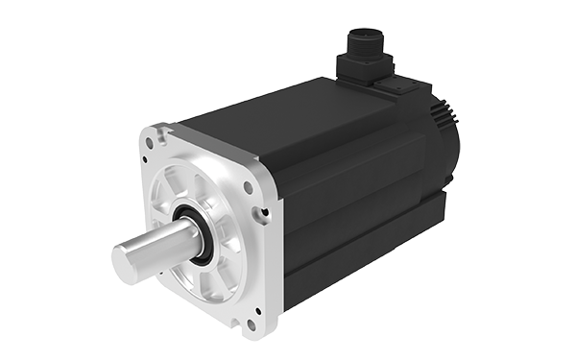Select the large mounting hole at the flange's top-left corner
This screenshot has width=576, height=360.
(x=151, y=142)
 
